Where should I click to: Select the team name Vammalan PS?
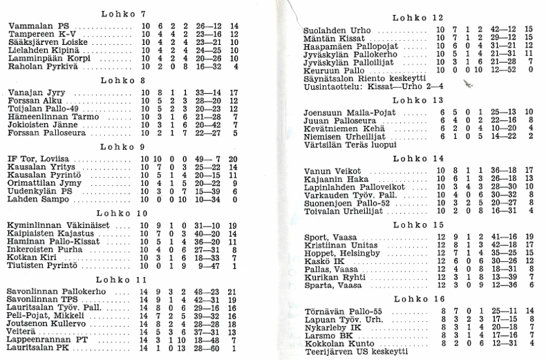pyautogui.click(x=35, y=26)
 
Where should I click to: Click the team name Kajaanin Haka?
pyautogui.click(x=334, y=179)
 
